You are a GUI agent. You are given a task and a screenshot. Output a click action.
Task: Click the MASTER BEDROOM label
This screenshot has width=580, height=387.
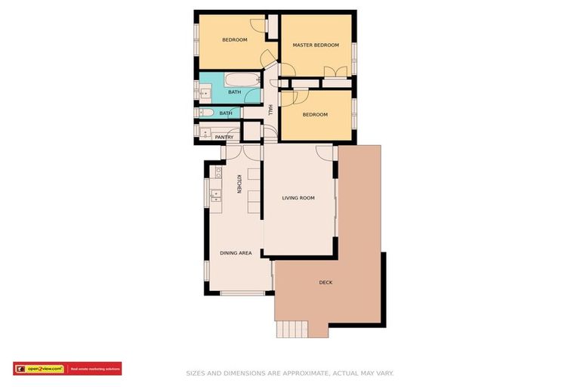pos(316,45)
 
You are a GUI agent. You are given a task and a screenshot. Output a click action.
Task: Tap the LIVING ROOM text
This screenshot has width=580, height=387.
pos(298,198)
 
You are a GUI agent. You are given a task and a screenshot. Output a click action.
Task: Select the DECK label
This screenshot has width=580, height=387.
pos(325,283)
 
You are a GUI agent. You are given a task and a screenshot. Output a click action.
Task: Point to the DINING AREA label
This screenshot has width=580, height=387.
pos(236,253)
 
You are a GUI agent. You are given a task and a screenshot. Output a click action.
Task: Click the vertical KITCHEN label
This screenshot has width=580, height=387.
pos(239,184)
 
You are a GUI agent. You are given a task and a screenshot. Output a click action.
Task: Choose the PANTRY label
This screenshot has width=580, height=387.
pos(224,137)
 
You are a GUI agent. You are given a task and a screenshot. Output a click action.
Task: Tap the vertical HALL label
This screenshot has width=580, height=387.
pos(270,110)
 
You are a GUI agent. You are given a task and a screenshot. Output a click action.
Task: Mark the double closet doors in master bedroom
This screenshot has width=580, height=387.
pos(335,72)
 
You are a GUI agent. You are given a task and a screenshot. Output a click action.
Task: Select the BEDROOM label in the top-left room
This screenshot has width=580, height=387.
pos(234,40)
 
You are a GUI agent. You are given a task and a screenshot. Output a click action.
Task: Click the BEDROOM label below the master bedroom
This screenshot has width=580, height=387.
pos(315,115)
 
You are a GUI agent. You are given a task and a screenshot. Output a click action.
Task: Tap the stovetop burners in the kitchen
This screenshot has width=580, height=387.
pos(215,173)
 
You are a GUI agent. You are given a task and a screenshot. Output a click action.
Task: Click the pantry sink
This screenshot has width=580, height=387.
pos(205,132)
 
